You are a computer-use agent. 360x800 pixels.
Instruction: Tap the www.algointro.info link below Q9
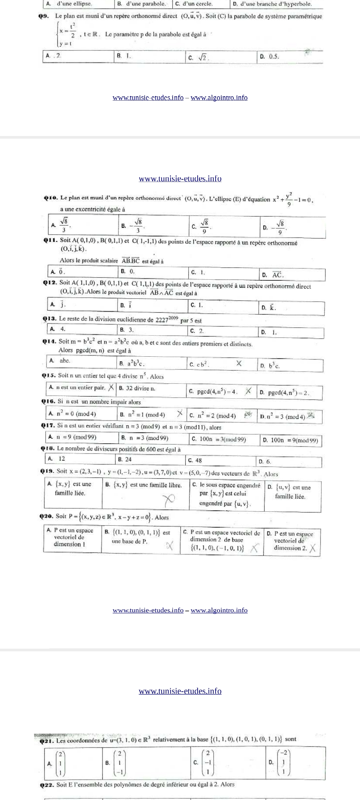pyautogui.click(x=219, y=98)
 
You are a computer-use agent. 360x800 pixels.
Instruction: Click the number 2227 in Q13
pyautogui.click(x=162, y=320)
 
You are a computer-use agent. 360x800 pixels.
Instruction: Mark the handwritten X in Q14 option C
pyautogui.click(x=239, y=363)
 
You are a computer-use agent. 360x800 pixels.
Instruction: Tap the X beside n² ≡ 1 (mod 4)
pyautogui.click(x=180, y=413)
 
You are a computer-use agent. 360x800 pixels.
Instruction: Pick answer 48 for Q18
pyautogui.click(x=198, y=460)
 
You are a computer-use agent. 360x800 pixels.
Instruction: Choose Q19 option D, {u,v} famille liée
pyautogui.click(x=290, y=492)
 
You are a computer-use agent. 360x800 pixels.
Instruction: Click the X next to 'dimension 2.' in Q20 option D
pyautogui.click(x=313, y=548)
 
